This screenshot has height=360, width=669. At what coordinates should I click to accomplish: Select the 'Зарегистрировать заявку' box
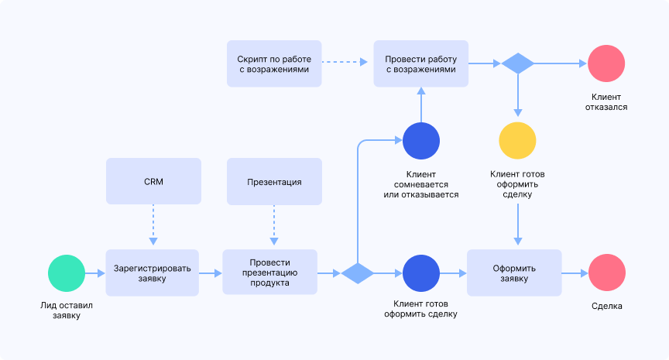click(x=153, y=273)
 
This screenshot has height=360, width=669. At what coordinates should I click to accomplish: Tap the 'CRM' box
click(x=153, y=182)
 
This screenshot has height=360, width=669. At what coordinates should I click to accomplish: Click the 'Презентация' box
click(x=274, y=182)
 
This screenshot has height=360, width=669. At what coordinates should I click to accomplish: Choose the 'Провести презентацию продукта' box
click(x=269, y=273)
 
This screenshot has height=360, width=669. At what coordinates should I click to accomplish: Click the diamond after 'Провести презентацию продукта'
click(x=358, y=273)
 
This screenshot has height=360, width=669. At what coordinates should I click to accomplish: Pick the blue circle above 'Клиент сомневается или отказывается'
click(x=421, y=141)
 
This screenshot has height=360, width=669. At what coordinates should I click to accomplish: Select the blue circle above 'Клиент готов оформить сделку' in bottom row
click(x=421, y=273)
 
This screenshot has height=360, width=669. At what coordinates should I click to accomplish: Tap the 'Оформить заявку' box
click(x=514, y=273)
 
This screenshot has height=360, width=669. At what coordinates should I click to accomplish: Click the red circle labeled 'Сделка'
click(x=606, y=273)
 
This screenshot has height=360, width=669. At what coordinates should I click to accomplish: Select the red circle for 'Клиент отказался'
click(x=606, y=63)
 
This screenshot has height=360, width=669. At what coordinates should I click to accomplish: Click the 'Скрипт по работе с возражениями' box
click(x=274, y=63)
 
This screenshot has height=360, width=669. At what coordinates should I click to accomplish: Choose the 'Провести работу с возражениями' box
click(x=421, y=63)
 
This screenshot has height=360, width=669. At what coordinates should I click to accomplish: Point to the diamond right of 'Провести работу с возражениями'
click(x=518, y=63)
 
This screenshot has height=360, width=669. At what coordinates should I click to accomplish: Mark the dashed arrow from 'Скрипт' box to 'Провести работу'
click(x=347, y=63)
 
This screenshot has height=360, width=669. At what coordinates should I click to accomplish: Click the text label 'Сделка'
click(x=606, y=306)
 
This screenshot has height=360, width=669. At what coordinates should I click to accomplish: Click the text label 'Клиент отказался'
click(x=606, y=102)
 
